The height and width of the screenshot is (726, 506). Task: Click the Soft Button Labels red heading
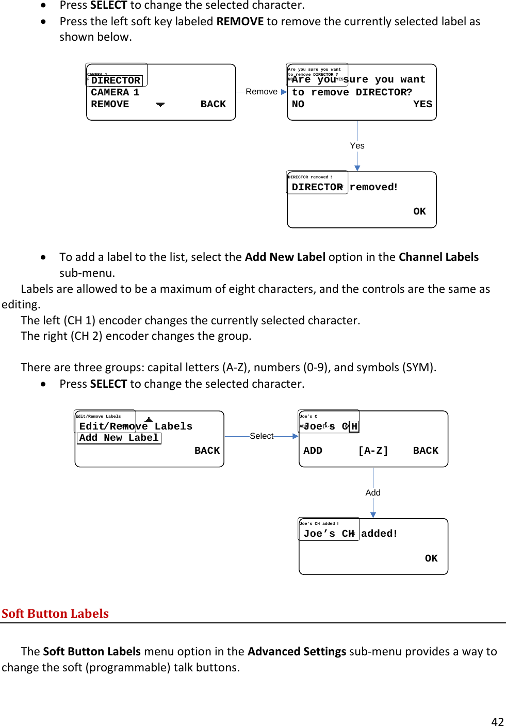[x=55, y=614]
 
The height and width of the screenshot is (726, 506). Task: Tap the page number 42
[x=497, y=721]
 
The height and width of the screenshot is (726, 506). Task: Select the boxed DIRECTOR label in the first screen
[x=116, y=80]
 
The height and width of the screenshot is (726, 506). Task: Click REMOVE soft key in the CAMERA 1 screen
[x=110, y=104]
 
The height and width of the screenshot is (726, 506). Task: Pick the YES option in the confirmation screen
[x=422, y=104]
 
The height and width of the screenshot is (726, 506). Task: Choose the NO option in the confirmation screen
[x=298, y=104]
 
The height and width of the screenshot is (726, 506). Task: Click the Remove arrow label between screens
[x=262, y=92]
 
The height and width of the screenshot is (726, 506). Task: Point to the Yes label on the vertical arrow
[x=357, y=146]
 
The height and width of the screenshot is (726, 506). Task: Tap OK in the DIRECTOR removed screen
[x=419, y=211]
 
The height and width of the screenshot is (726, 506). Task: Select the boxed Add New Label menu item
[x=119, y=438]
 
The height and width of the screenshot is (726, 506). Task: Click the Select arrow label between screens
[x=262, y=436]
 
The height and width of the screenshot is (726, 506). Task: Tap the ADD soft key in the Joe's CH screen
[x=313, y=451]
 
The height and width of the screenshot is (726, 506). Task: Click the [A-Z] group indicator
[x=373, y=451]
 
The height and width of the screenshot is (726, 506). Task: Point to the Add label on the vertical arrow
[x=373, y=493]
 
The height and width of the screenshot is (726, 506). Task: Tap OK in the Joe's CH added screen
[x=431, y=558]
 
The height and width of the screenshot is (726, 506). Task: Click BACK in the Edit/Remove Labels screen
[x=207, y=451]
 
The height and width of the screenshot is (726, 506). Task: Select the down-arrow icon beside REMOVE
[x=160, y=105]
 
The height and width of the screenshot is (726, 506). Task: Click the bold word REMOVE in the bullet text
[x=240, y=22]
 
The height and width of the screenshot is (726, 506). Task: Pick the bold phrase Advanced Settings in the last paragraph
[x=297, y=652]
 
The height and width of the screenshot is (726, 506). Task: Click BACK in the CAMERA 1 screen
[x=213, y=104]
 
